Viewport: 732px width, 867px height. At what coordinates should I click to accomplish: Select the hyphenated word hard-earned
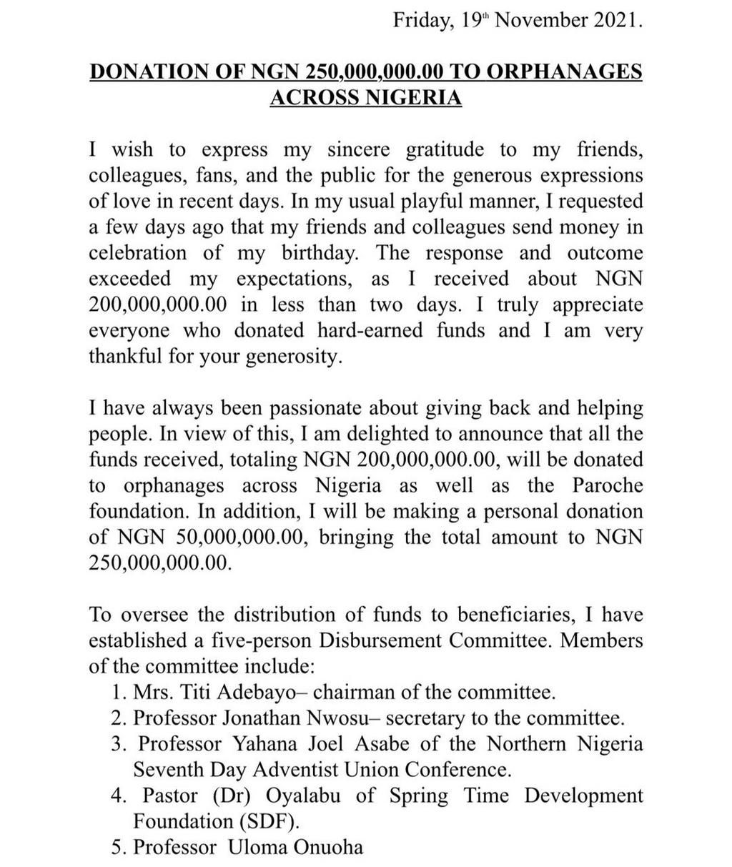385,330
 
